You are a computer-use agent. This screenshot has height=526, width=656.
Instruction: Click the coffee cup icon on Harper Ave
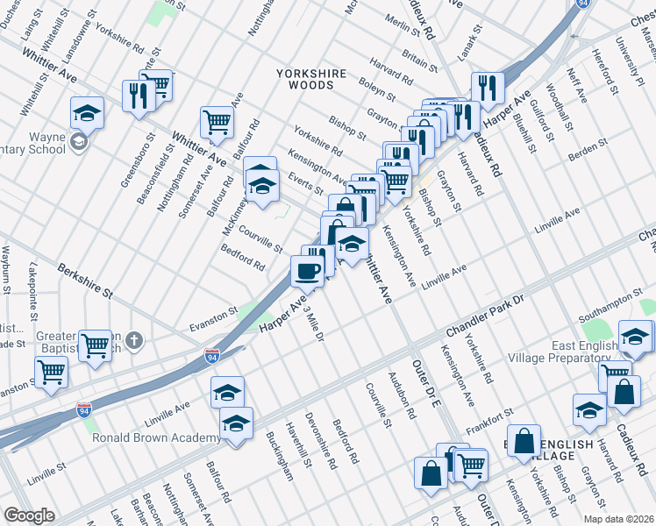307,271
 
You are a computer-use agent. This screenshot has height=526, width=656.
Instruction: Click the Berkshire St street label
85,279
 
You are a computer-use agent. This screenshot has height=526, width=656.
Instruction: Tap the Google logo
29,515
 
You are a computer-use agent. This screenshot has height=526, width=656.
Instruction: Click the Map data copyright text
620,518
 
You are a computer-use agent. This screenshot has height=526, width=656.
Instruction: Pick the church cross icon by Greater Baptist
133,339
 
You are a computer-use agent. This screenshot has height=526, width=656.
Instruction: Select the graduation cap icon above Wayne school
88,112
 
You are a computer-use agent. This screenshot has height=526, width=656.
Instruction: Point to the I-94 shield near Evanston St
211,356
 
